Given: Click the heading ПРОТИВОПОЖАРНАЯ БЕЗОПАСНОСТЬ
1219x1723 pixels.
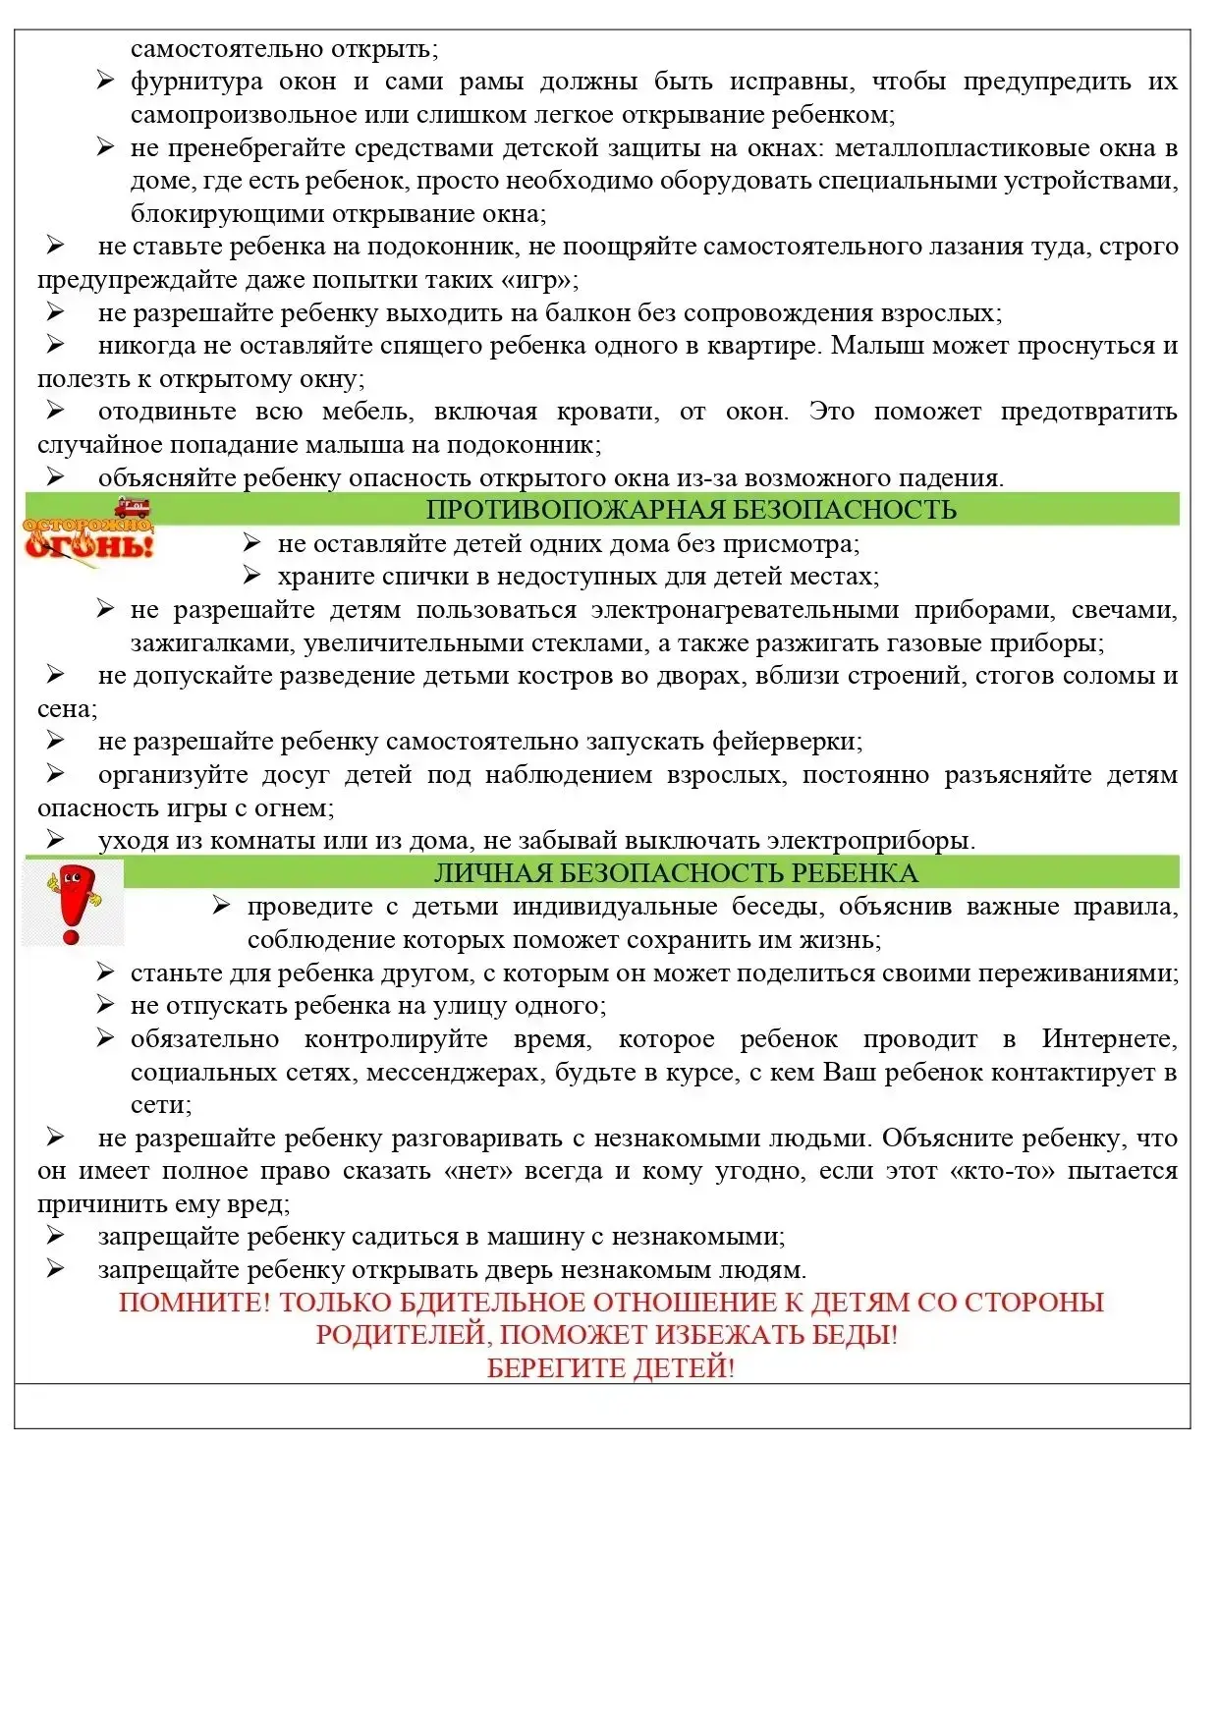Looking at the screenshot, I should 691,510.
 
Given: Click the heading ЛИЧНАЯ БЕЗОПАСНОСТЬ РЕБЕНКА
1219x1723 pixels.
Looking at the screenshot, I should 676,873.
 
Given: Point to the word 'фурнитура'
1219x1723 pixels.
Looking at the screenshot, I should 196,82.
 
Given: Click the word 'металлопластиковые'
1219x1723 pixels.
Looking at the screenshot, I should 988,148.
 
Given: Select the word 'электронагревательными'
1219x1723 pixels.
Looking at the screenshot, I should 745,610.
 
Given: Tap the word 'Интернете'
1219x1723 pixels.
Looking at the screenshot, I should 1109,1039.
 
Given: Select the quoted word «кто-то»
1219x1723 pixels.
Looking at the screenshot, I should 1002,1171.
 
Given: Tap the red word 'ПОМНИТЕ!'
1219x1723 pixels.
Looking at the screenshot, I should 194,1303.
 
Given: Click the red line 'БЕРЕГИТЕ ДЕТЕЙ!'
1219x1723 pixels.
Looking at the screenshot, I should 610,1368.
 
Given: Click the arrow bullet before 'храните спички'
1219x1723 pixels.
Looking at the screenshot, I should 252,576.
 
